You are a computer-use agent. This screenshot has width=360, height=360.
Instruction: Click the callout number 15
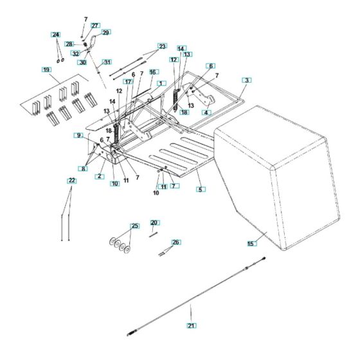click(252, 244)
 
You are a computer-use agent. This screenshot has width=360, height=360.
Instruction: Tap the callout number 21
click(192, 325)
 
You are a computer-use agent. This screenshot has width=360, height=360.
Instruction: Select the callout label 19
click(46, 69)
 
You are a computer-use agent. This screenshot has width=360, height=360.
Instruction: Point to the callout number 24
click(55, 35)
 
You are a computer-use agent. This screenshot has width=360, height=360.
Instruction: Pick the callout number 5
click(201, 190)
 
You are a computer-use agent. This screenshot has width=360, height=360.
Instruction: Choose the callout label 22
click(72, 181)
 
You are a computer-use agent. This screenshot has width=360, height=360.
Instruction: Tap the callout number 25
click(135, 226)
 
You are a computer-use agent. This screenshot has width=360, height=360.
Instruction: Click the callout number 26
click(176, 242)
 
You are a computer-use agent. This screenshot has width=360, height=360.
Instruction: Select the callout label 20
click(155, 222)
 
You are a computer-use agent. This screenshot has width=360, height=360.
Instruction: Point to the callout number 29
click(105, 33)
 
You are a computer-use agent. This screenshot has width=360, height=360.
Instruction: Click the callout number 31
click(107, 62)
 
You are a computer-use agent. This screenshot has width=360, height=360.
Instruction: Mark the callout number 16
click(154, 72)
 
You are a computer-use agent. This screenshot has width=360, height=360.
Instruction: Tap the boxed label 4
click(206, 113)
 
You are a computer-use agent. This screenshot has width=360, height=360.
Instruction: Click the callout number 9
click(78, 136)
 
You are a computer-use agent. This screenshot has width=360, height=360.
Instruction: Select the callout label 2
click(100, 176)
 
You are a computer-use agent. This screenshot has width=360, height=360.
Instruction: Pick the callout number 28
click(69, 44)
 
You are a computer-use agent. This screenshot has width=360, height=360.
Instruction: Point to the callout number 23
click(162, 46)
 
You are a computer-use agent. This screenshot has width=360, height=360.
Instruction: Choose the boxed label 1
click(161, 84)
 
